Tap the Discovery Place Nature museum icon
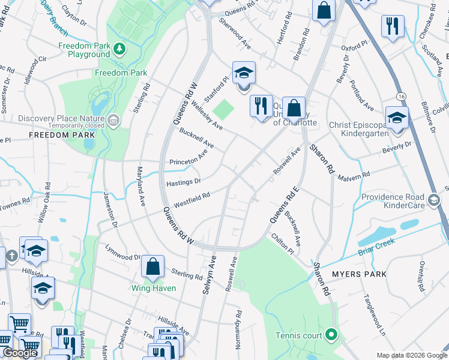click(113, 122)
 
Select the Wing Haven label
click(154, 288)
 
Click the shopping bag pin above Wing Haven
click(153, 266)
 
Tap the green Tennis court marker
click(331, 335)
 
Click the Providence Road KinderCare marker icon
click(433, 200)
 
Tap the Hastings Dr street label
click(183, 181)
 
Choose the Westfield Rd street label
click(192, 200)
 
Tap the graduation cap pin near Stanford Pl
click(244, 73)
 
